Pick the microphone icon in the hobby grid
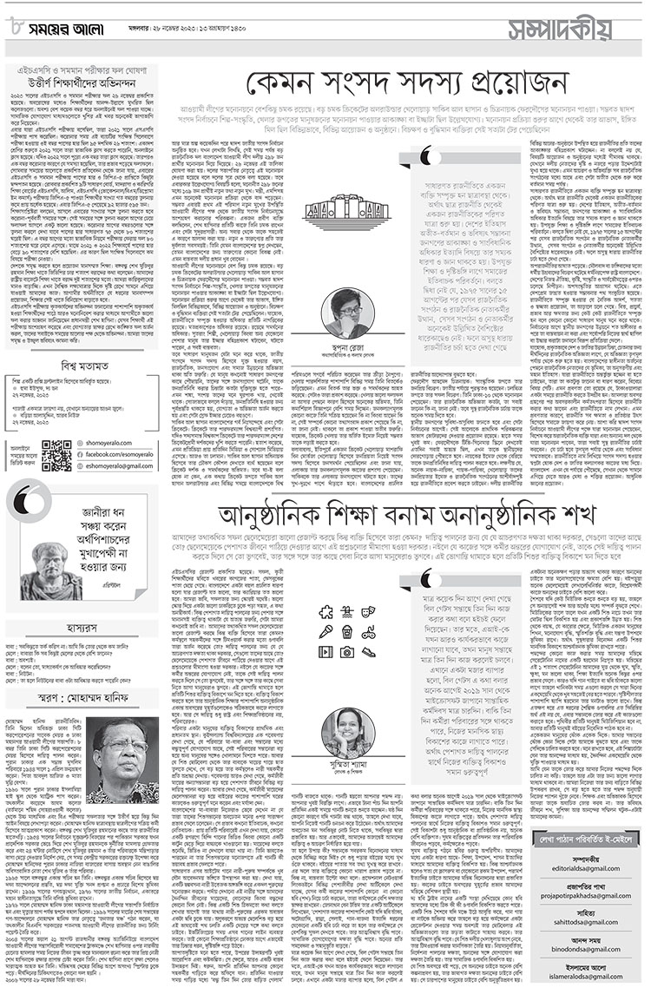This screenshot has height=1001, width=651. (x=325, y=631)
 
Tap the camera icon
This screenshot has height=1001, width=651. (x=347, y=651)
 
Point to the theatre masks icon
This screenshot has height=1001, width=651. (x=368, y=611)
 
